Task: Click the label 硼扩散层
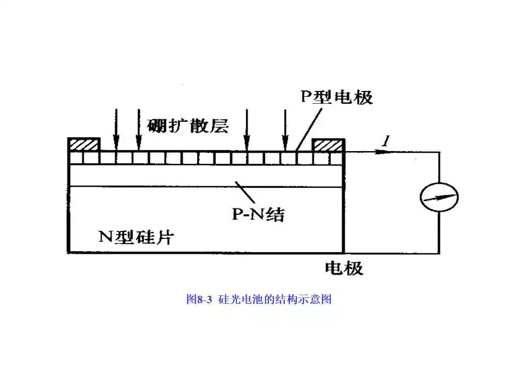pos(188,126)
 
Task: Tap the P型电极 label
pos(337,97)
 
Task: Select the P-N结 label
pos(258,214)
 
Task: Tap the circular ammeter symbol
pos(439,198)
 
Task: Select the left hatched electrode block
pos(84,145)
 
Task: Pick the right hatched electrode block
pos(328,145)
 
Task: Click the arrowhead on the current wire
pos(378,152)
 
